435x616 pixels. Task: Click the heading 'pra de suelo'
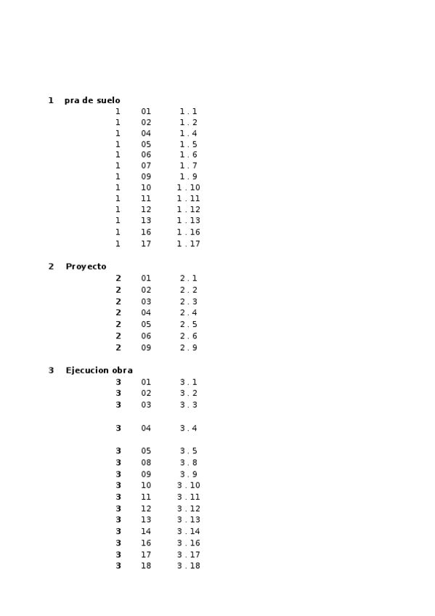(92, 100)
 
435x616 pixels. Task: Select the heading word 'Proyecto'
(86, 267)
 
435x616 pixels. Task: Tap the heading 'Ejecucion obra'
(99, 370)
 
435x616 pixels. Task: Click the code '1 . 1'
(188, 112)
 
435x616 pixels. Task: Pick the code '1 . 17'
(188, 244)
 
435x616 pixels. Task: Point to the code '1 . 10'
(188, 187)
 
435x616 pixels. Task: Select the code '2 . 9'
(188, 348)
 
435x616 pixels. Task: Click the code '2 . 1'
(188, 278)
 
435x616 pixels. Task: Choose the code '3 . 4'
(188, 429)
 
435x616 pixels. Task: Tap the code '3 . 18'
(188, 566)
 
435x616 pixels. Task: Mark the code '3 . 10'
(188, 485)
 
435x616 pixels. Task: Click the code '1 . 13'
(188, 221)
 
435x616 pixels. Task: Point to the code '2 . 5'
(188, 325)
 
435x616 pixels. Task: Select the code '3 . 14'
(188, 532)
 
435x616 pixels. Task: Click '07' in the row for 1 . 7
(146, 166)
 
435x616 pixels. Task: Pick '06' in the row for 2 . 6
(146, 336)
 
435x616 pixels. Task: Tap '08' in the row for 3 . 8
(146, 463)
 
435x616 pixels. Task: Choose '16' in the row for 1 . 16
(146, 232)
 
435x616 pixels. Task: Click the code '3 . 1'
(188, 382)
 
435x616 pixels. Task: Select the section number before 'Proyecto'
(51, 267)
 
